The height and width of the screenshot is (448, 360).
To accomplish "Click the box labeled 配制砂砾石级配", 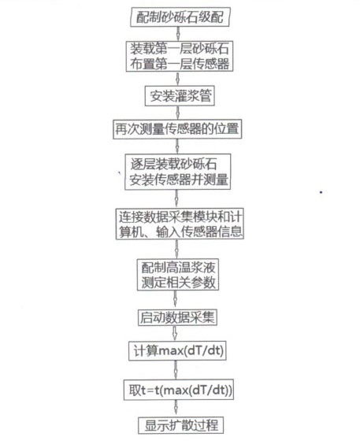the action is point(180,17).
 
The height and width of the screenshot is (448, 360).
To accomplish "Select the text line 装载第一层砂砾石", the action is point(180,49).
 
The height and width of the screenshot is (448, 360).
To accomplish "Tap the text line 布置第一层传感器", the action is point(180,64).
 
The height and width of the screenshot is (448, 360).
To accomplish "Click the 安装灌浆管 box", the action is point(180,96).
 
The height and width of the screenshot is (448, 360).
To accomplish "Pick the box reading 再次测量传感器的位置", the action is point(177,129).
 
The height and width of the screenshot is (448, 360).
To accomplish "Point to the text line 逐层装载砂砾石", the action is point(174,165).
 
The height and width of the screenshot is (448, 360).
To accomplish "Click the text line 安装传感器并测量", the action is point(179,180).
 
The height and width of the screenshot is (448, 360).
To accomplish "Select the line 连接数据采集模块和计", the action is point(180,217).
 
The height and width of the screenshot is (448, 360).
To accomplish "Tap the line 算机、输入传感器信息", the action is point(180,231).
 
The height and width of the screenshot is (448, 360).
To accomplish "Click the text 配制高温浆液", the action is point(178,268).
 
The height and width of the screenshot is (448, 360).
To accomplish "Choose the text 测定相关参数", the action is point(178,283).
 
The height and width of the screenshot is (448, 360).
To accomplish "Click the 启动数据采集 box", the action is point(177,317).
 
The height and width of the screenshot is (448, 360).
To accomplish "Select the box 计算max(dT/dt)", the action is point(178,350).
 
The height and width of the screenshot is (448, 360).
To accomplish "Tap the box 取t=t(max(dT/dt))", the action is point(179,390).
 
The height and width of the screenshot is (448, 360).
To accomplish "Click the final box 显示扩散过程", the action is point(180,425).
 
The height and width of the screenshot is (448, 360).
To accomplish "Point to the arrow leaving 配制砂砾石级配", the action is point(178,34).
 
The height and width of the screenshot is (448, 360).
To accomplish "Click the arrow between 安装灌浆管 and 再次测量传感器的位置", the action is point(177,113).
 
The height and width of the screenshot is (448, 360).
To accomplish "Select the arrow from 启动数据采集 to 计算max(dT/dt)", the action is point(175,333).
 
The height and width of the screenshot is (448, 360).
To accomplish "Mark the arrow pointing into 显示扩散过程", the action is point(176,409).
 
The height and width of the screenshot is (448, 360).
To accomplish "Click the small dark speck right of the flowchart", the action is point(321,192).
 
